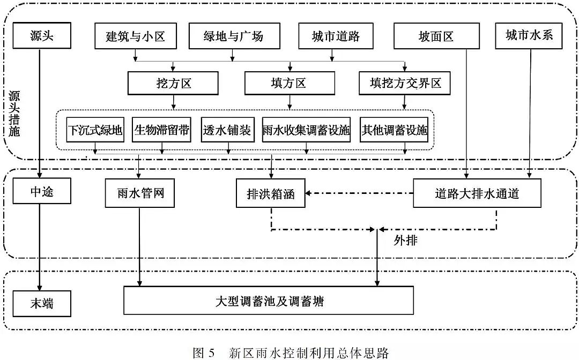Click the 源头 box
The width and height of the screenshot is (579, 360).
[42, 36]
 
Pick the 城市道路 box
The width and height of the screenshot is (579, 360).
[336, 36]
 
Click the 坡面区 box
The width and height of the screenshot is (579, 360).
[436, 36]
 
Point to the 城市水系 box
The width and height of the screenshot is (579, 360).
[529, 35]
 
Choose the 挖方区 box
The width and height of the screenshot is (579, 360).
[173, 84]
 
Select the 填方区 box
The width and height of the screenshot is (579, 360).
[289, 84]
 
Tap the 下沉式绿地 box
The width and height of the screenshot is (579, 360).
[95, 130]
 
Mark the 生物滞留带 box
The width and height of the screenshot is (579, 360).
[161, 130]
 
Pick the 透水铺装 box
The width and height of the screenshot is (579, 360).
[227, 130]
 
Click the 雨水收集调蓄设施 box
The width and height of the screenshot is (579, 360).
[306, 130]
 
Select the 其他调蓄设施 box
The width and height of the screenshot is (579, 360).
[394, 130]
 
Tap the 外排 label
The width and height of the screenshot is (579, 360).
[405, 241]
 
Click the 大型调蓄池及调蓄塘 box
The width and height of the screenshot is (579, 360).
[269, 300]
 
